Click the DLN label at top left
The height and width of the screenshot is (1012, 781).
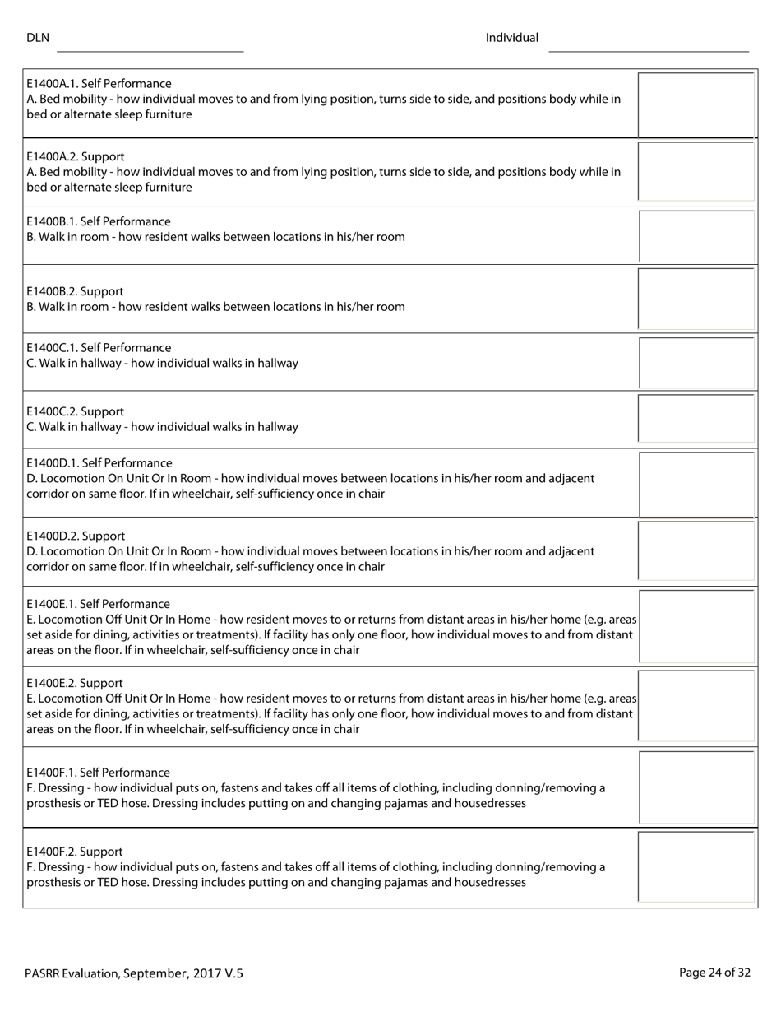pos(38,38)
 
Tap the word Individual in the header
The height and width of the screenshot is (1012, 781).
pos(511,38)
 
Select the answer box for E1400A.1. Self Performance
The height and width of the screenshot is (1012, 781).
pos(696,104)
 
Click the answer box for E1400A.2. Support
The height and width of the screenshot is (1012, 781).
pos(696,171)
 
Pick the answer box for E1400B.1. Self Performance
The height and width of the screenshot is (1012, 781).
pos(696,236)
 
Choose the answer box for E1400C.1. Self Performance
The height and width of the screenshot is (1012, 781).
pos(696,362)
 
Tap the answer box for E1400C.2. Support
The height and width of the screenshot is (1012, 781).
pos(696,419)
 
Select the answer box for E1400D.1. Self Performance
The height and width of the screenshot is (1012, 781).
pos(696,483)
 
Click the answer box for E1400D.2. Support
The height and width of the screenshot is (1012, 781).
pos(696,550)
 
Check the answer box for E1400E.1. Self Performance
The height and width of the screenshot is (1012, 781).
pos(696,625)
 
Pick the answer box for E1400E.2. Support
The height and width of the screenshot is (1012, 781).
pos(696,706)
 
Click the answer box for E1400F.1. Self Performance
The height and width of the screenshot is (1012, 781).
pos(696,787)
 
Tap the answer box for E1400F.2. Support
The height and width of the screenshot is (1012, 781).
pos(696,866)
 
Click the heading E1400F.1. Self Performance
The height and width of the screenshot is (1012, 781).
pos(98,773)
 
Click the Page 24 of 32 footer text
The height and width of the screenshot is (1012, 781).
pos(714,973)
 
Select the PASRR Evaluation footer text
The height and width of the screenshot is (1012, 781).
pos(133,973)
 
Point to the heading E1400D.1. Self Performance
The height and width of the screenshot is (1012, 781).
pos(99,463)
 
